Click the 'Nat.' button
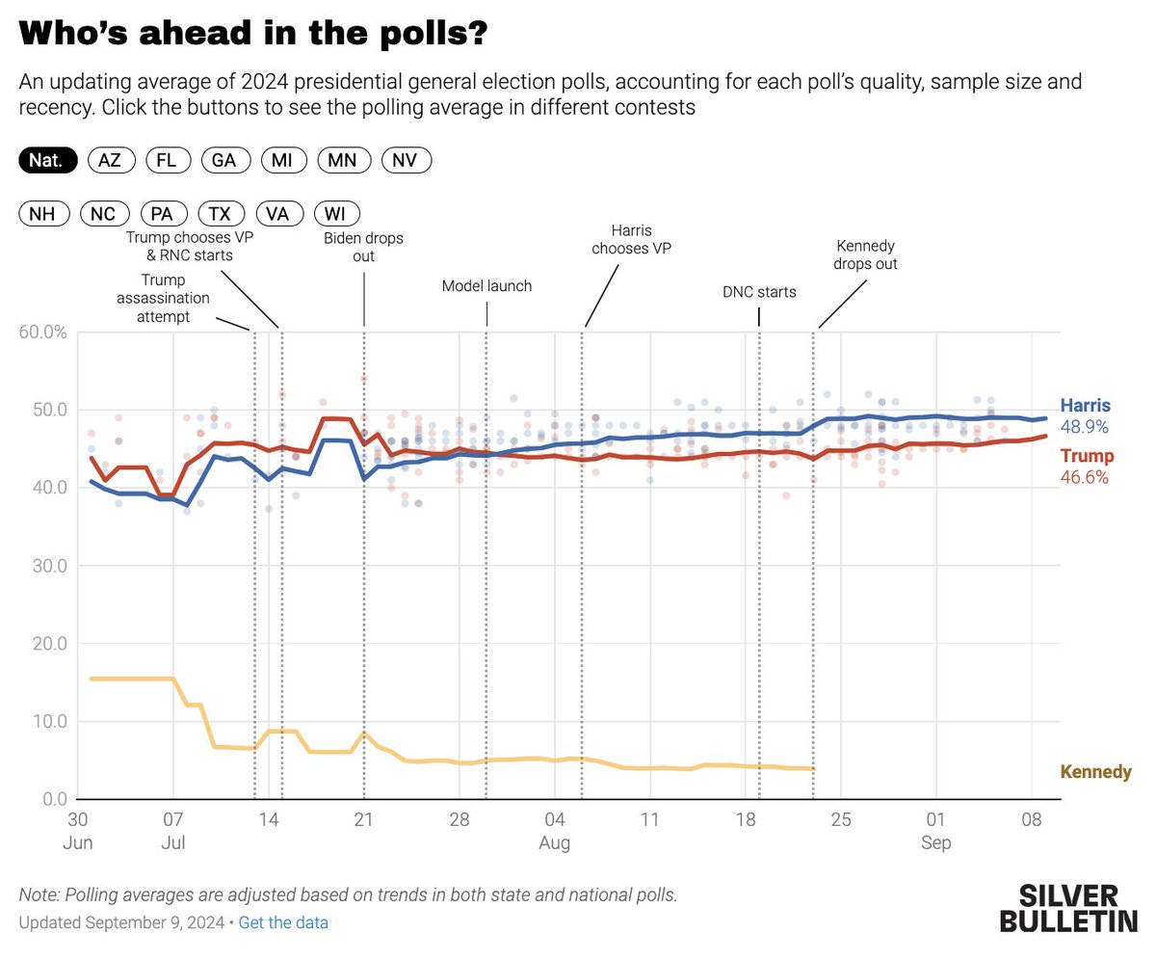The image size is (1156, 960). pos(47,161)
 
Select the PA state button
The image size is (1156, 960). pos(164,214)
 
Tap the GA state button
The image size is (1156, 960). pos(224,161)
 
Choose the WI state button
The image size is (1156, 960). pos(335,214)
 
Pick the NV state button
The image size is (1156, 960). pos(407,161)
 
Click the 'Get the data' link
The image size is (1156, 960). pos(283,922)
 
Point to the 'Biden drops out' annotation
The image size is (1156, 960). pos(363,248)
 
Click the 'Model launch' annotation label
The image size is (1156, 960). pos(486,286)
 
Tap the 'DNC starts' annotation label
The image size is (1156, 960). pos(759,291)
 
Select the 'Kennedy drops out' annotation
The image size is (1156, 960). pos(865,253)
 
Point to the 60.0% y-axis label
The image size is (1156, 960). pos(42,333)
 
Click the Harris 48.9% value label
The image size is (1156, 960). pos(1086,426)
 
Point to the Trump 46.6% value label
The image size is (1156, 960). pos(1086,476)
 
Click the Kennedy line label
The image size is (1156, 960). pos(1095,772)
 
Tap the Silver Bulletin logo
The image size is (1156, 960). pos(1067,908)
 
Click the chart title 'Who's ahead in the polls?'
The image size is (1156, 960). pos(252,36)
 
